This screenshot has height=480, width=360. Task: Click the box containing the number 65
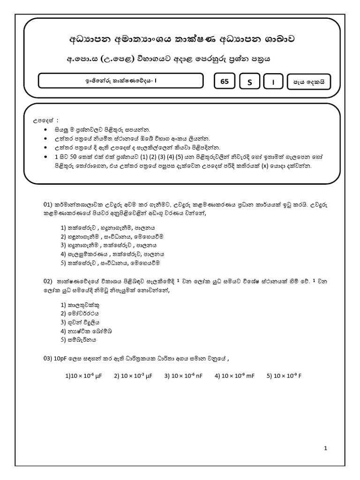[x=225, y=81]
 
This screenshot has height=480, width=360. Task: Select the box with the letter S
[x=250, y=82]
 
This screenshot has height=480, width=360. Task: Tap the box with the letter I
[x=274, y=82]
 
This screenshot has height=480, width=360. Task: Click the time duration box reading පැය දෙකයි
[x=309, y=82]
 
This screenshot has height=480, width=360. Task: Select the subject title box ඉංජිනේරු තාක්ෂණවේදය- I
[x=120, y=81]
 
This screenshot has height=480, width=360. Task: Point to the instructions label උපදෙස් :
[x=43, y=121]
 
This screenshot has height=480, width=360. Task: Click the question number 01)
[x=49, y=205]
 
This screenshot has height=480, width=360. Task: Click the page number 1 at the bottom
[x=325, y=448]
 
